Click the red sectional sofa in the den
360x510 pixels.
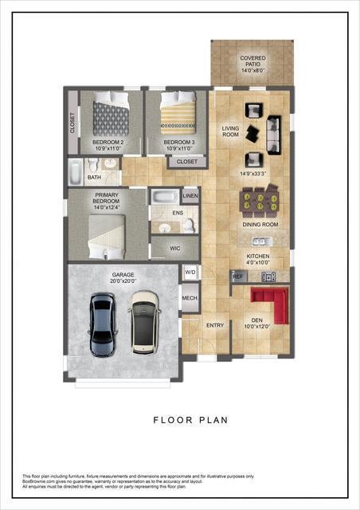[x=268, y=302]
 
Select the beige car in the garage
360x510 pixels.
[x=144, y=320]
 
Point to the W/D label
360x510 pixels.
[x=190, y=272]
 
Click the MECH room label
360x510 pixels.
[x=190, y=299]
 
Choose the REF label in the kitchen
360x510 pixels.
[x=237, y=276]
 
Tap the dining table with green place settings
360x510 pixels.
[x=260, y=202]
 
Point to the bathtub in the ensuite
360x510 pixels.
[x=165, y=196]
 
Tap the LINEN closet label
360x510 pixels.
[x=190, y=195]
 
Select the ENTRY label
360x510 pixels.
[x=215, y=325]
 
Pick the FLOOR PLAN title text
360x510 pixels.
[x=190, y=418]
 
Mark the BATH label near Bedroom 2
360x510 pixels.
[x=94, y=178]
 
